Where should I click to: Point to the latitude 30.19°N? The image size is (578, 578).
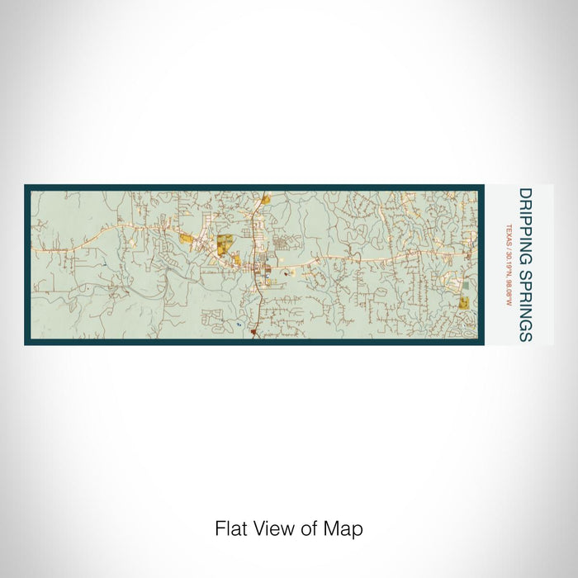(x=510, y=262)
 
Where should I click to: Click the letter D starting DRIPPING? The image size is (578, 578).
(x=525, y=194)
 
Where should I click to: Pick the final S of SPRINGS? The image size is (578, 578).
(x=525, y=336)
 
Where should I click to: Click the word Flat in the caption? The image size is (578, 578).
(x=230, y=528)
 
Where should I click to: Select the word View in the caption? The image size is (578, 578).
(x=272, y=528)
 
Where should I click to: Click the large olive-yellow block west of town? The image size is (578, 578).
(x=224, y=244)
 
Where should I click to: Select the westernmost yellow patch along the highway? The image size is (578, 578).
(x=187, y=239)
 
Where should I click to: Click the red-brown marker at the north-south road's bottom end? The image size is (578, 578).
(x=253, y=334)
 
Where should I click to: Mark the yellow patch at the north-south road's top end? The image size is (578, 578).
(x=265, y=198)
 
